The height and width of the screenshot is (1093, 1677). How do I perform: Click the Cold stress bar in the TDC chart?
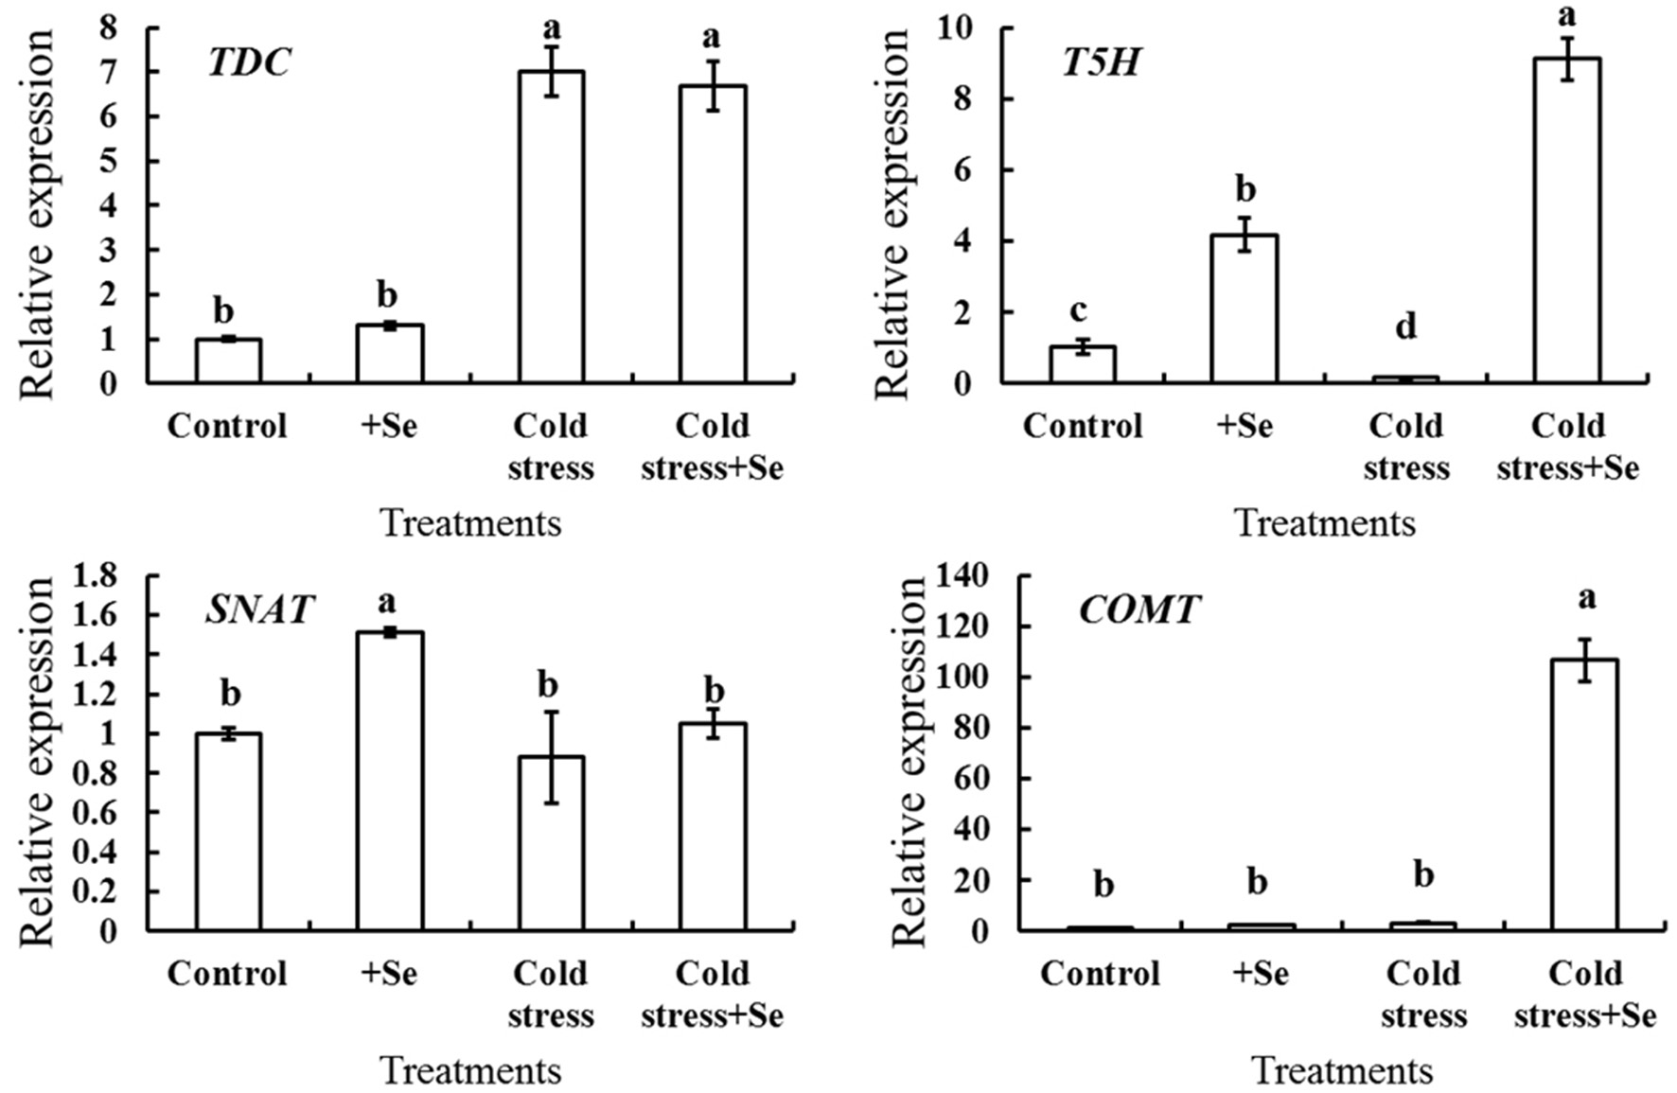(551, 227)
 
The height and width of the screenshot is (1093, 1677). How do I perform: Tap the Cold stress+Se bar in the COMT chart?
(1584, 795)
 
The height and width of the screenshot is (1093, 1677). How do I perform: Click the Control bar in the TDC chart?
(228, 361)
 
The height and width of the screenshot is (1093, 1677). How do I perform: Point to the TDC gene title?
(249, 62)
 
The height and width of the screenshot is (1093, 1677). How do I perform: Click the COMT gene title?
(1139, 610)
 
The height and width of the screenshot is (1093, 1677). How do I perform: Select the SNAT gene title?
(258, 609)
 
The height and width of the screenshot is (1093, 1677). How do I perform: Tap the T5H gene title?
(1101, 62)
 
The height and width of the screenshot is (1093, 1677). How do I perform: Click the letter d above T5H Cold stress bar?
(1406, 326)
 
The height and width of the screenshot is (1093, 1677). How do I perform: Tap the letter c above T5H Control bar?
(1079, 309)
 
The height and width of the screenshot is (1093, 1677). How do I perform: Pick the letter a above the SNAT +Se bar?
(387, 601)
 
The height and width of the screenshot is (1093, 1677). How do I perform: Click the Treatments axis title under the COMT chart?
(1342, 1071)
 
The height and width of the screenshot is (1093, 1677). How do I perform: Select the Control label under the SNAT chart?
(227, 974)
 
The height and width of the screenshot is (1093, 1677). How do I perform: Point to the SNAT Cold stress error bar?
(551, 757)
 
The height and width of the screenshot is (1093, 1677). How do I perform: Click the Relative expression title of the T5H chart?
(891, 213)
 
